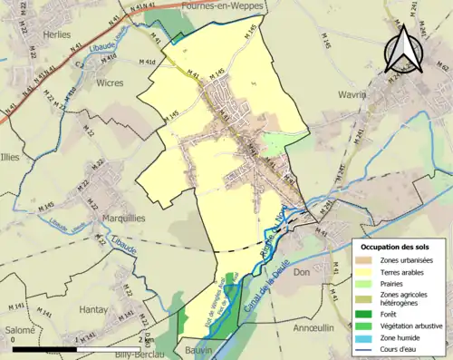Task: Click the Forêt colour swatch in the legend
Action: pos(363,314)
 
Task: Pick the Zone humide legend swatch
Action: pos(363,338)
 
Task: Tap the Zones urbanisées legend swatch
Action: pos(363,259)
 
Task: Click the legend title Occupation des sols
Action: pos(395,247)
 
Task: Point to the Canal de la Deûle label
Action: pos(265,292)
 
